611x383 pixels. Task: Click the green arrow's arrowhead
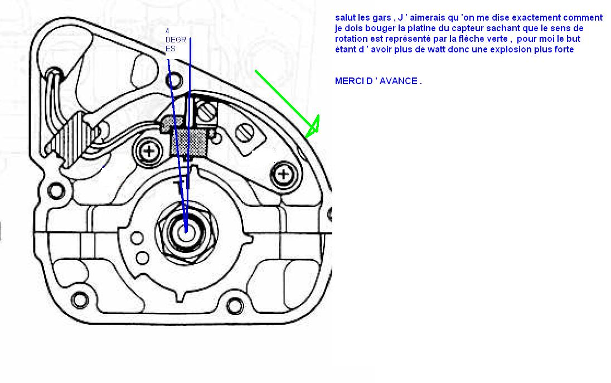(x=313, y=126)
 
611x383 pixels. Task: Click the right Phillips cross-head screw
(x=284, y=174)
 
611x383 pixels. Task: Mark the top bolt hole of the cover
(x=176, y=83)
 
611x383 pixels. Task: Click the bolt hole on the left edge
(x=55, y=191)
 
